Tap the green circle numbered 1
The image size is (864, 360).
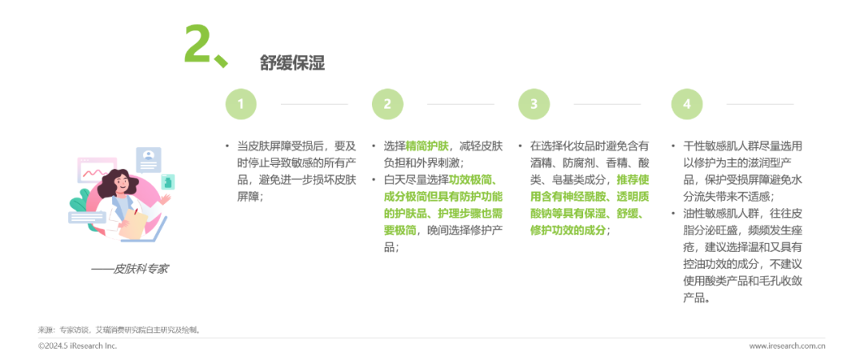click(241, 103)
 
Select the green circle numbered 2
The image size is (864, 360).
click(387, 103)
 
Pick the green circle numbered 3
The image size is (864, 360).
click(534, 103)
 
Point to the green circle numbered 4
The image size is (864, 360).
click(686, 103)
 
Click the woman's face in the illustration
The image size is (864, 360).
click(127, 177)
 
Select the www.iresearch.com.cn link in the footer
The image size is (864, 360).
click(786, 346)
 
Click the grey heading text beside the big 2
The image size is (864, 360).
click(292, 63)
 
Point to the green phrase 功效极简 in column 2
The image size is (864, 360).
click(472, 180)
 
